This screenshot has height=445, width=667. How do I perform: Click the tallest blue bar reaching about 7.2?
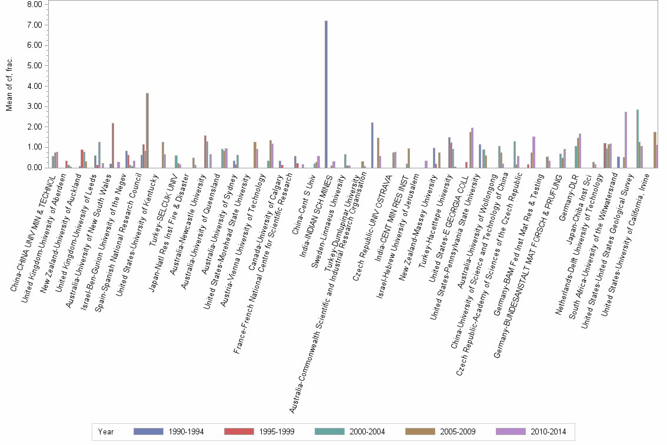(x=326, y=94)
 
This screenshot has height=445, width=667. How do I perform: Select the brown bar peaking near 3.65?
(x=147, y=130)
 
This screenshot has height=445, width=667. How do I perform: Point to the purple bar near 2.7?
(x=625, y=140)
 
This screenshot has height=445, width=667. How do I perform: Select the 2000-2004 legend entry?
(x=350, y=431)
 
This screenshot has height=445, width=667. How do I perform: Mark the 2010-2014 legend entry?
(x=532, y=431)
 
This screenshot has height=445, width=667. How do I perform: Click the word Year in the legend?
(x=106, y=431)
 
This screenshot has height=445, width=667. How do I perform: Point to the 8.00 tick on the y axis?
(x=35, y=5)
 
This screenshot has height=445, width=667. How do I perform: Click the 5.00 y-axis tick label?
(x=35, y=66)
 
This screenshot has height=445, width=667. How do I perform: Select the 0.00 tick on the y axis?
(x=35, y=168)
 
